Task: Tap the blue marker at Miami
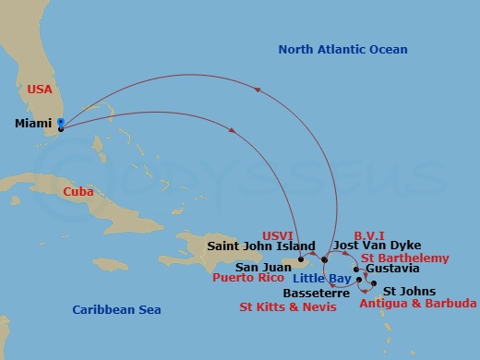coord(60,122)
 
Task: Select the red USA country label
coord(41,90)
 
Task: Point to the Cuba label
coord(78,191)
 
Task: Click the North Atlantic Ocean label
coord(342,49)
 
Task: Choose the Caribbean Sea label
coord(118,309)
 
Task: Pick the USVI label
coord(277,234)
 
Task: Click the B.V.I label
coord(369,234)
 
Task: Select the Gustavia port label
coord(392,269)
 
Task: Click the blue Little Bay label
coord(320,278)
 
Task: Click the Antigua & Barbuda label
coord(418,303)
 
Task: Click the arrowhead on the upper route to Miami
coord(257,90)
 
